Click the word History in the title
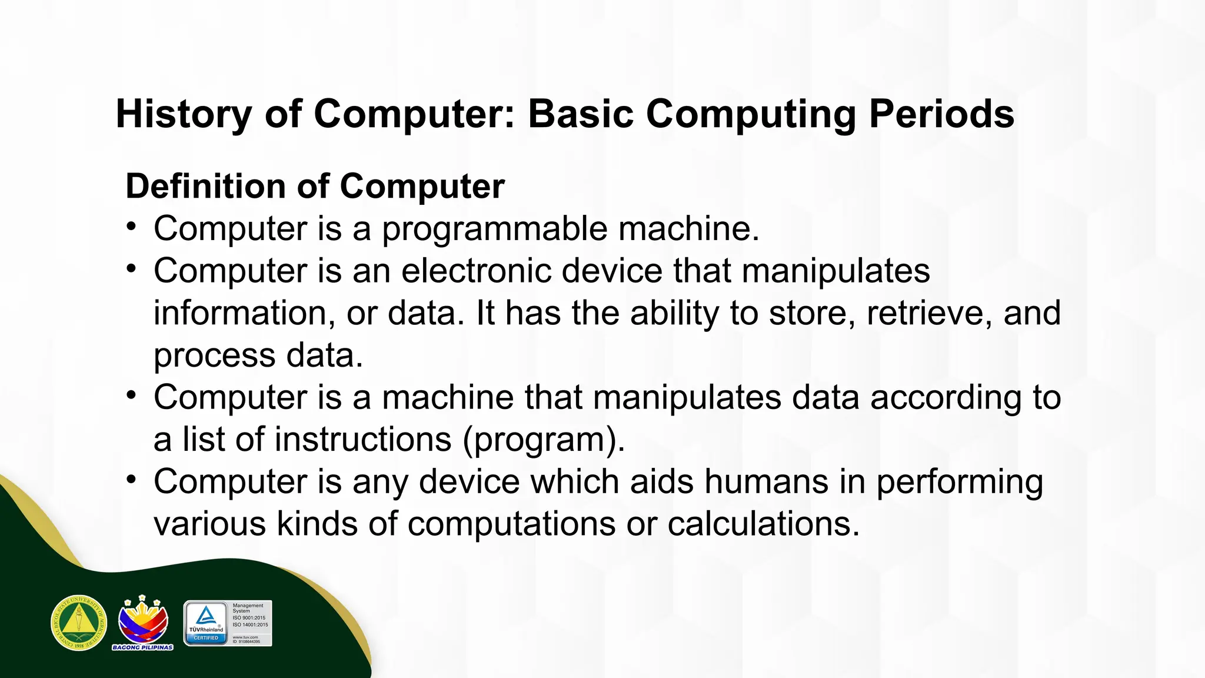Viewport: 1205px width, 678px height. coord(184,114)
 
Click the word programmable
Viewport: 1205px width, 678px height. coord(494,230)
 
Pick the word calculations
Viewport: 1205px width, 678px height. coord(763,524)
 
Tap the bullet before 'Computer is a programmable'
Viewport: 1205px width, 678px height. coord(132,227)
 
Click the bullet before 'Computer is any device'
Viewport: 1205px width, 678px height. coord(132,480)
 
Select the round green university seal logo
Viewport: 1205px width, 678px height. coord(79,623)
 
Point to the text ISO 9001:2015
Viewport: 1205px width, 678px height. coord(249,618)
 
